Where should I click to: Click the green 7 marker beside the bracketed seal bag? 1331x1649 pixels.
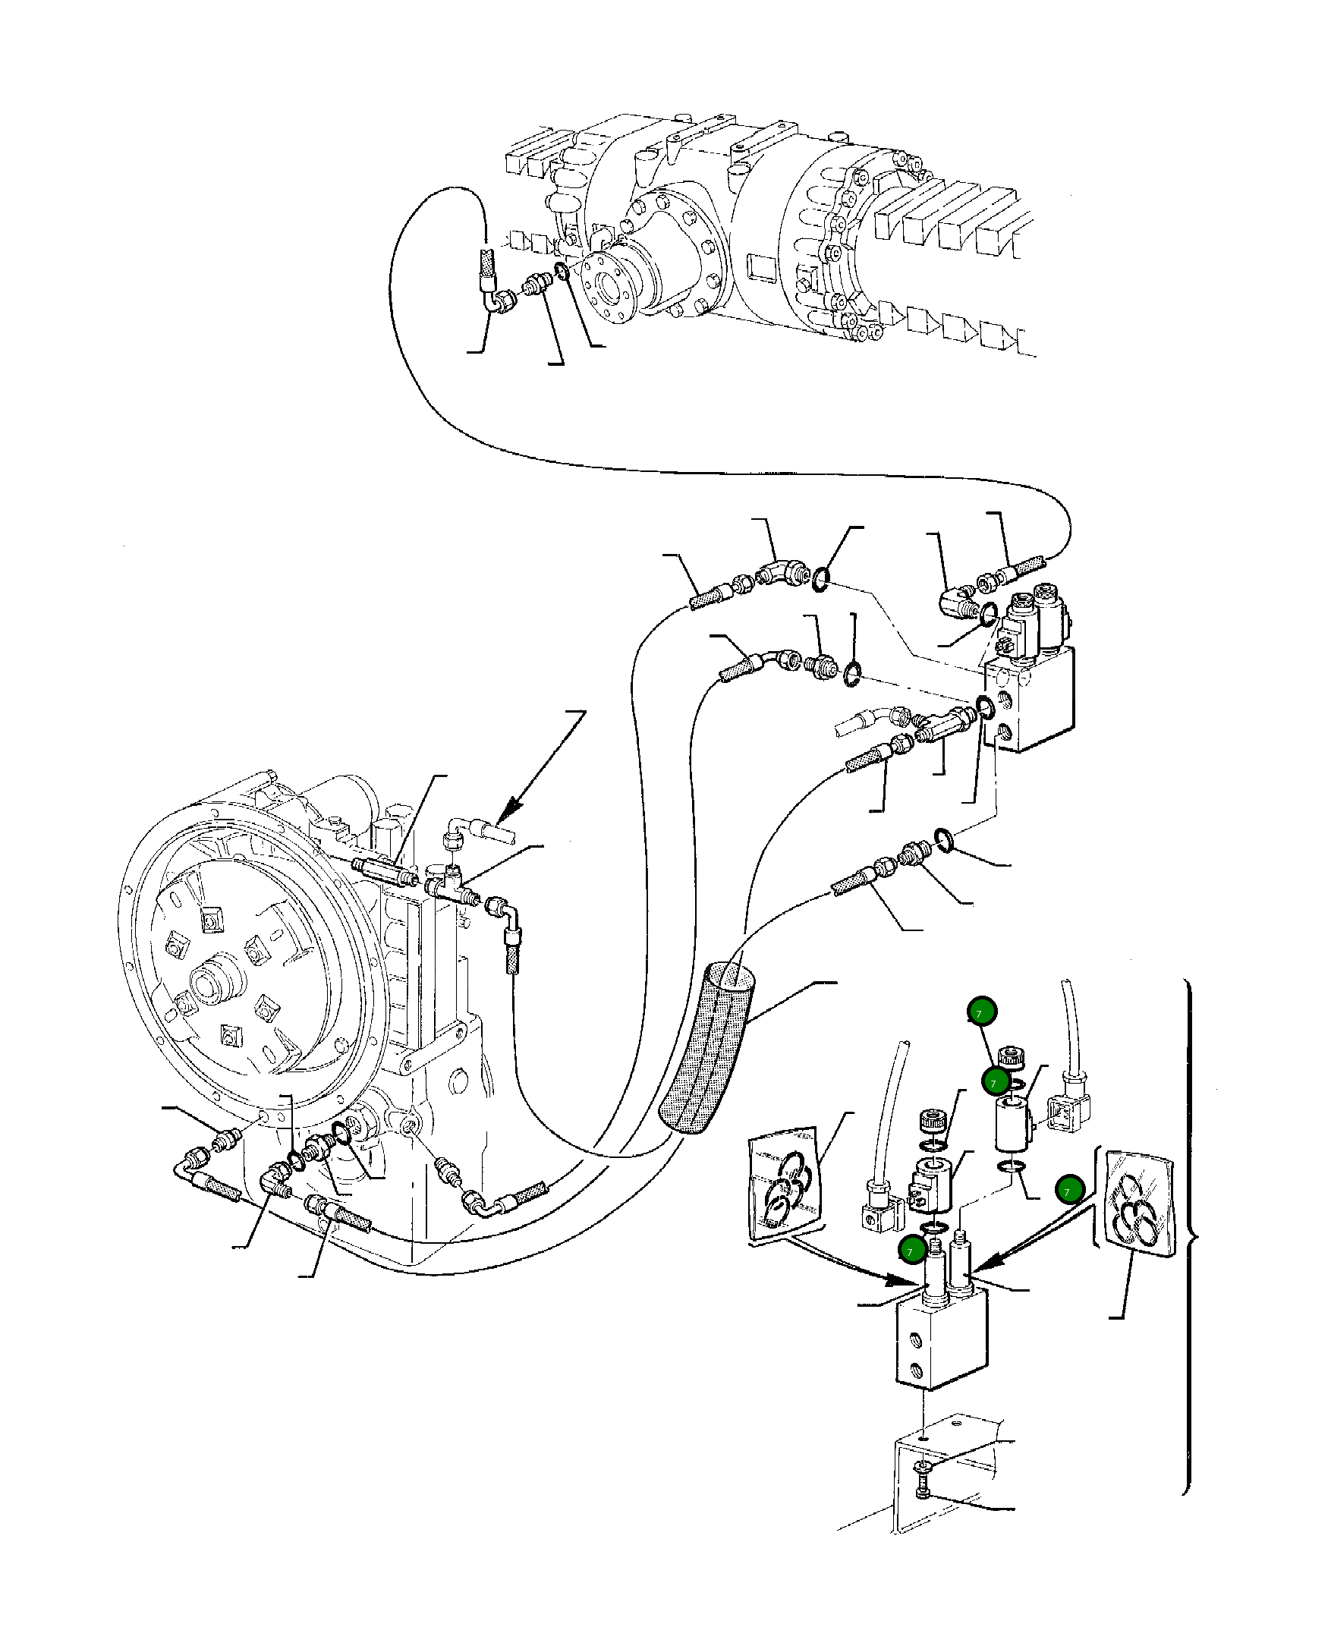(x=1068, y=1191)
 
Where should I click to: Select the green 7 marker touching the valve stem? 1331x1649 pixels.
(x=911, y=1251)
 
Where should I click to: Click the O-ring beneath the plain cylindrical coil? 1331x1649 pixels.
(x=1011, y=1168)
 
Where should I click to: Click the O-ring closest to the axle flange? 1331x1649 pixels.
(x=562, y=271)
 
